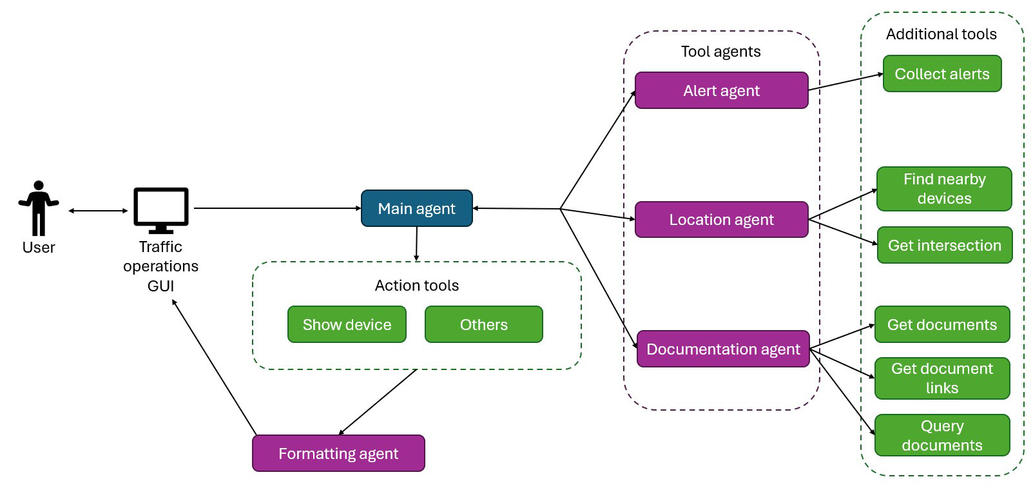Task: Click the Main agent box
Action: point(416,208)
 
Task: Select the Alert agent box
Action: point(721,90)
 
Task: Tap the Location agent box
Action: point(721,220)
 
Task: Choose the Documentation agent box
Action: point(722,349)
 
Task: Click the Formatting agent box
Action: point(338,453)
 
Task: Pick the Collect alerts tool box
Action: point(941,74)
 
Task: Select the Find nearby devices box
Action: point(944,189)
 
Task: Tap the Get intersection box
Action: point(944,245)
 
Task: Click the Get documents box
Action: point(941,324)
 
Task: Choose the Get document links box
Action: point(941,378)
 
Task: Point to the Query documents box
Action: point(941,435)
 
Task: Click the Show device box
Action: point(347,324)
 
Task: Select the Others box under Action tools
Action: point(483,324)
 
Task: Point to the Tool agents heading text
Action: point(720,52)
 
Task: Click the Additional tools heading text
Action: point(941,34)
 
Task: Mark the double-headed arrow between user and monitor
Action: point(98,211)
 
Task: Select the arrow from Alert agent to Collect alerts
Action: point(845,82)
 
